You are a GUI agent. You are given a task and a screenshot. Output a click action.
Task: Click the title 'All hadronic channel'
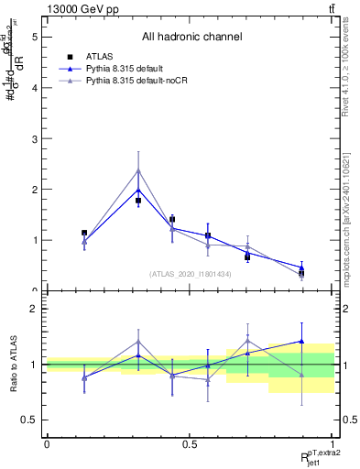(x=191, y=38)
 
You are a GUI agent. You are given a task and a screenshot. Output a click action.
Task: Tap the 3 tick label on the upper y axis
(x=36, y=139)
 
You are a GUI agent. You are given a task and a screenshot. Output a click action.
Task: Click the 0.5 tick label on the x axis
(x=190, y=443)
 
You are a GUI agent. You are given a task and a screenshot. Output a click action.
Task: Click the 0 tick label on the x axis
(x=46, y=443)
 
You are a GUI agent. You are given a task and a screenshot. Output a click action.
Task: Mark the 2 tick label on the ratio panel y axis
(x=36, y=309)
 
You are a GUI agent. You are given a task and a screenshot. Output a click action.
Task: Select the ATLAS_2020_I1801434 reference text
(x=190, y=274)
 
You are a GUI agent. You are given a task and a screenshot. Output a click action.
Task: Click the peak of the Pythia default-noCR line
(x=138, y=170)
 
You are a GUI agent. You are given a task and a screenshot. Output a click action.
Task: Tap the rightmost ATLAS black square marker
(x=301, y=273)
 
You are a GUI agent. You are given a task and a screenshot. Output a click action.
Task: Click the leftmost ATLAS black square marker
(x=84, y=233)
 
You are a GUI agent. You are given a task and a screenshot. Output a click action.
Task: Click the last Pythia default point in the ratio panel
(x=301, y=341)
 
